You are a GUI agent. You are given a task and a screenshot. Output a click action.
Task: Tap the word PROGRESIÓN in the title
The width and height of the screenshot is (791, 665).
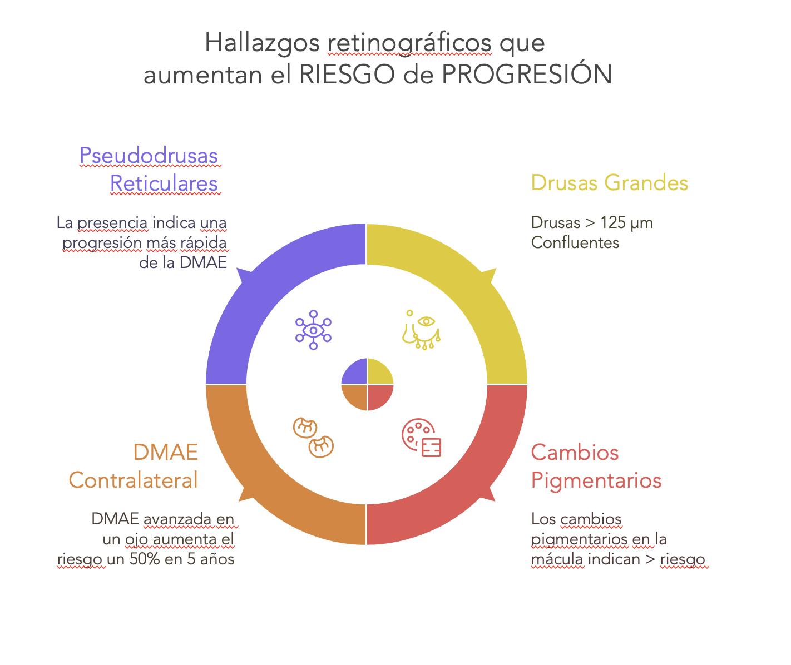527,75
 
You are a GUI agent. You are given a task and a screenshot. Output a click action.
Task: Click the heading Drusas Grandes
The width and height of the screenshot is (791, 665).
610,183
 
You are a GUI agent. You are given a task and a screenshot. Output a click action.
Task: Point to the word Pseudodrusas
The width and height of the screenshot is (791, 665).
149,156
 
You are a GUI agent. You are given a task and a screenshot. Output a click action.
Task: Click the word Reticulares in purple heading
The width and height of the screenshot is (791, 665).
164,183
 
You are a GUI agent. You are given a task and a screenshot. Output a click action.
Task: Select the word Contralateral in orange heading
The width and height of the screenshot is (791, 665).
134,480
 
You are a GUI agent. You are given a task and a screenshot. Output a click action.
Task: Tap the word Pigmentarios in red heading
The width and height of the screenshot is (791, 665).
596,480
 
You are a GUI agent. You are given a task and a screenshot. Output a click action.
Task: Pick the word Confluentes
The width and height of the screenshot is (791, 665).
575,242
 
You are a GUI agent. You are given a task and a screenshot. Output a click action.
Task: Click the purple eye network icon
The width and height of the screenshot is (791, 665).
313,330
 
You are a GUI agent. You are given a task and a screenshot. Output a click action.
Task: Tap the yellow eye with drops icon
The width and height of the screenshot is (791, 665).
422,330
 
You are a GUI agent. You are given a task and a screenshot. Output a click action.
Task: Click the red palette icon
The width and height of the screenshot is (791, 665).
421,438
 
